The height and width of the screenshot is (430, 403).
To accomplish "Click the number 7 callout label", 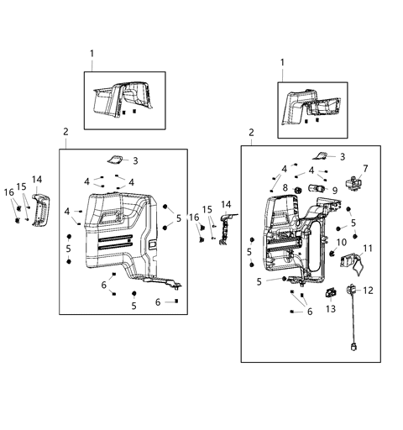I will tap(365, 169).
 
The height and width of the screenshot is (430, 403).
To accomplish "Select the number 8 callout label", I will tap(285, 187).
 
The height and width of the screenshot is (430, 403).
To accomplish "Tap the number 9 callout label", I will tap(334, 191).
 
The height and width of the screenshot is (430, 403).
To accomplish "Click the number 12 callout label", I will tap(369, 291).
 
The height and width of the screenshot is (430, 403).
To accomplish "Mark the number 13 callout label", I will tap(330, 309).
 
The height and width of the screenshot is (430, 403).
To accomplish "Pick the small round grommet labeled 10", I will tap(332, 253).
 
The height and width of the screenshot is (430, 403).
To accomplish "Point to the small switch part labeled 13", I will tap(330, 293).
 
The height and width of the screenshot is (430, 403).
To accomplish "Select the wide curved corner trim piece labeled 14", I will tap(39, 211).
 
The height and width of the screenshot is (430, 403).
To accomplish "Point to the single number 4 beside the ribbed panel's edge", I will tap(67, 211).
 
